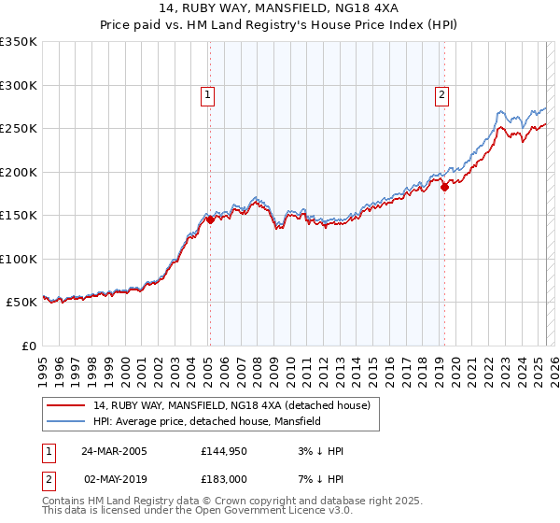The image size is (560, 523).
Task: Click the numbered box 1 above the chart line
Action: pos(206,93)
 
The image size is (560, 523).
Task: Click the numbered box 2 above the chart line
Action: pos(441,93)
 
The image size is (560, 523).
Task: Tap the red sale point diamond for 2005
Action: pos(211,220)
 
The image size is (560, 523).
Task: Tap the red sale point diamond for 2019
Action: pos(444,187)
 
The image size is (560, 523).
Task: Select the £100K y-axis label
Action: pos(19,259)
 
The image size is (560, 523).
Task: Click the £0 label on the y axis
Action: pos(28,346)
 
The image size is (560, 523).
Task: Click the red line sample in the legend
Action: pos(66,404)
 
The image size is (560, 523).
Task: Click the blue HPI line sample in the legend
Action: pos(66,422)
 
